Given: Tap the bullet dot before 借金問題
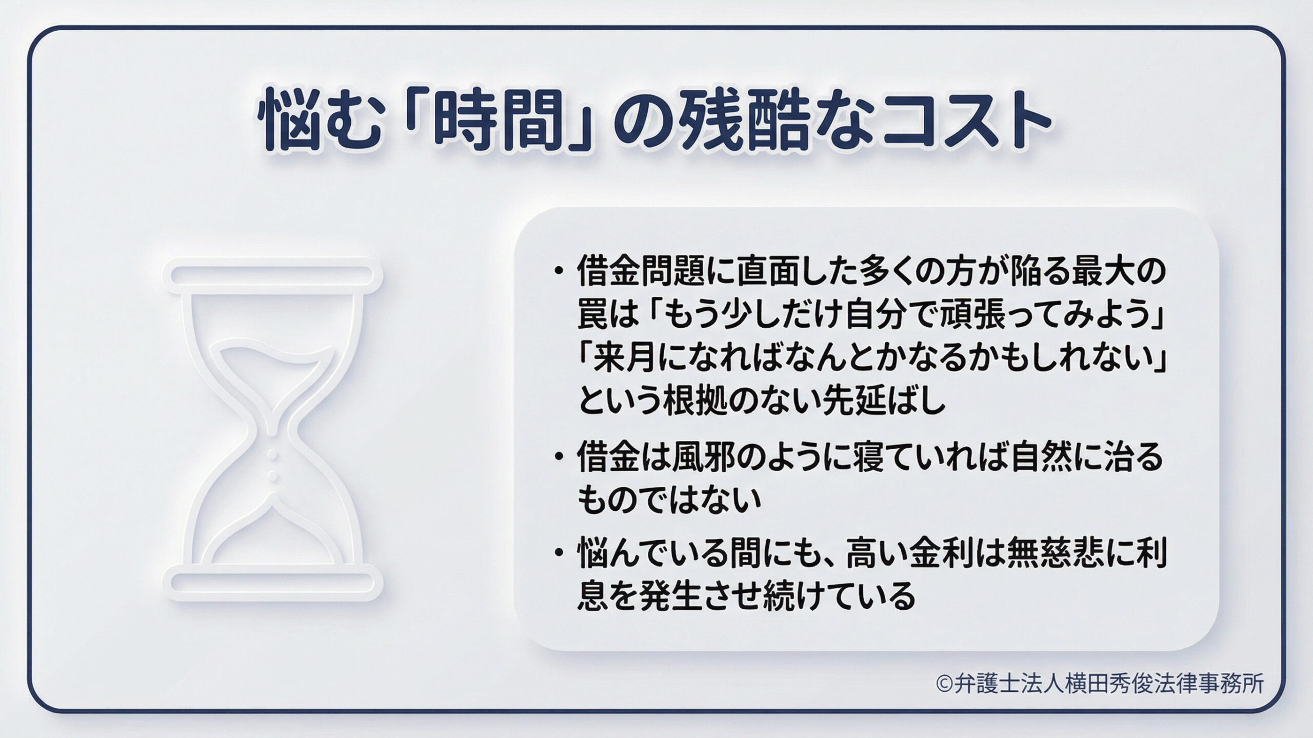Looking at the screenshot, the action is click(559, 271).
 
